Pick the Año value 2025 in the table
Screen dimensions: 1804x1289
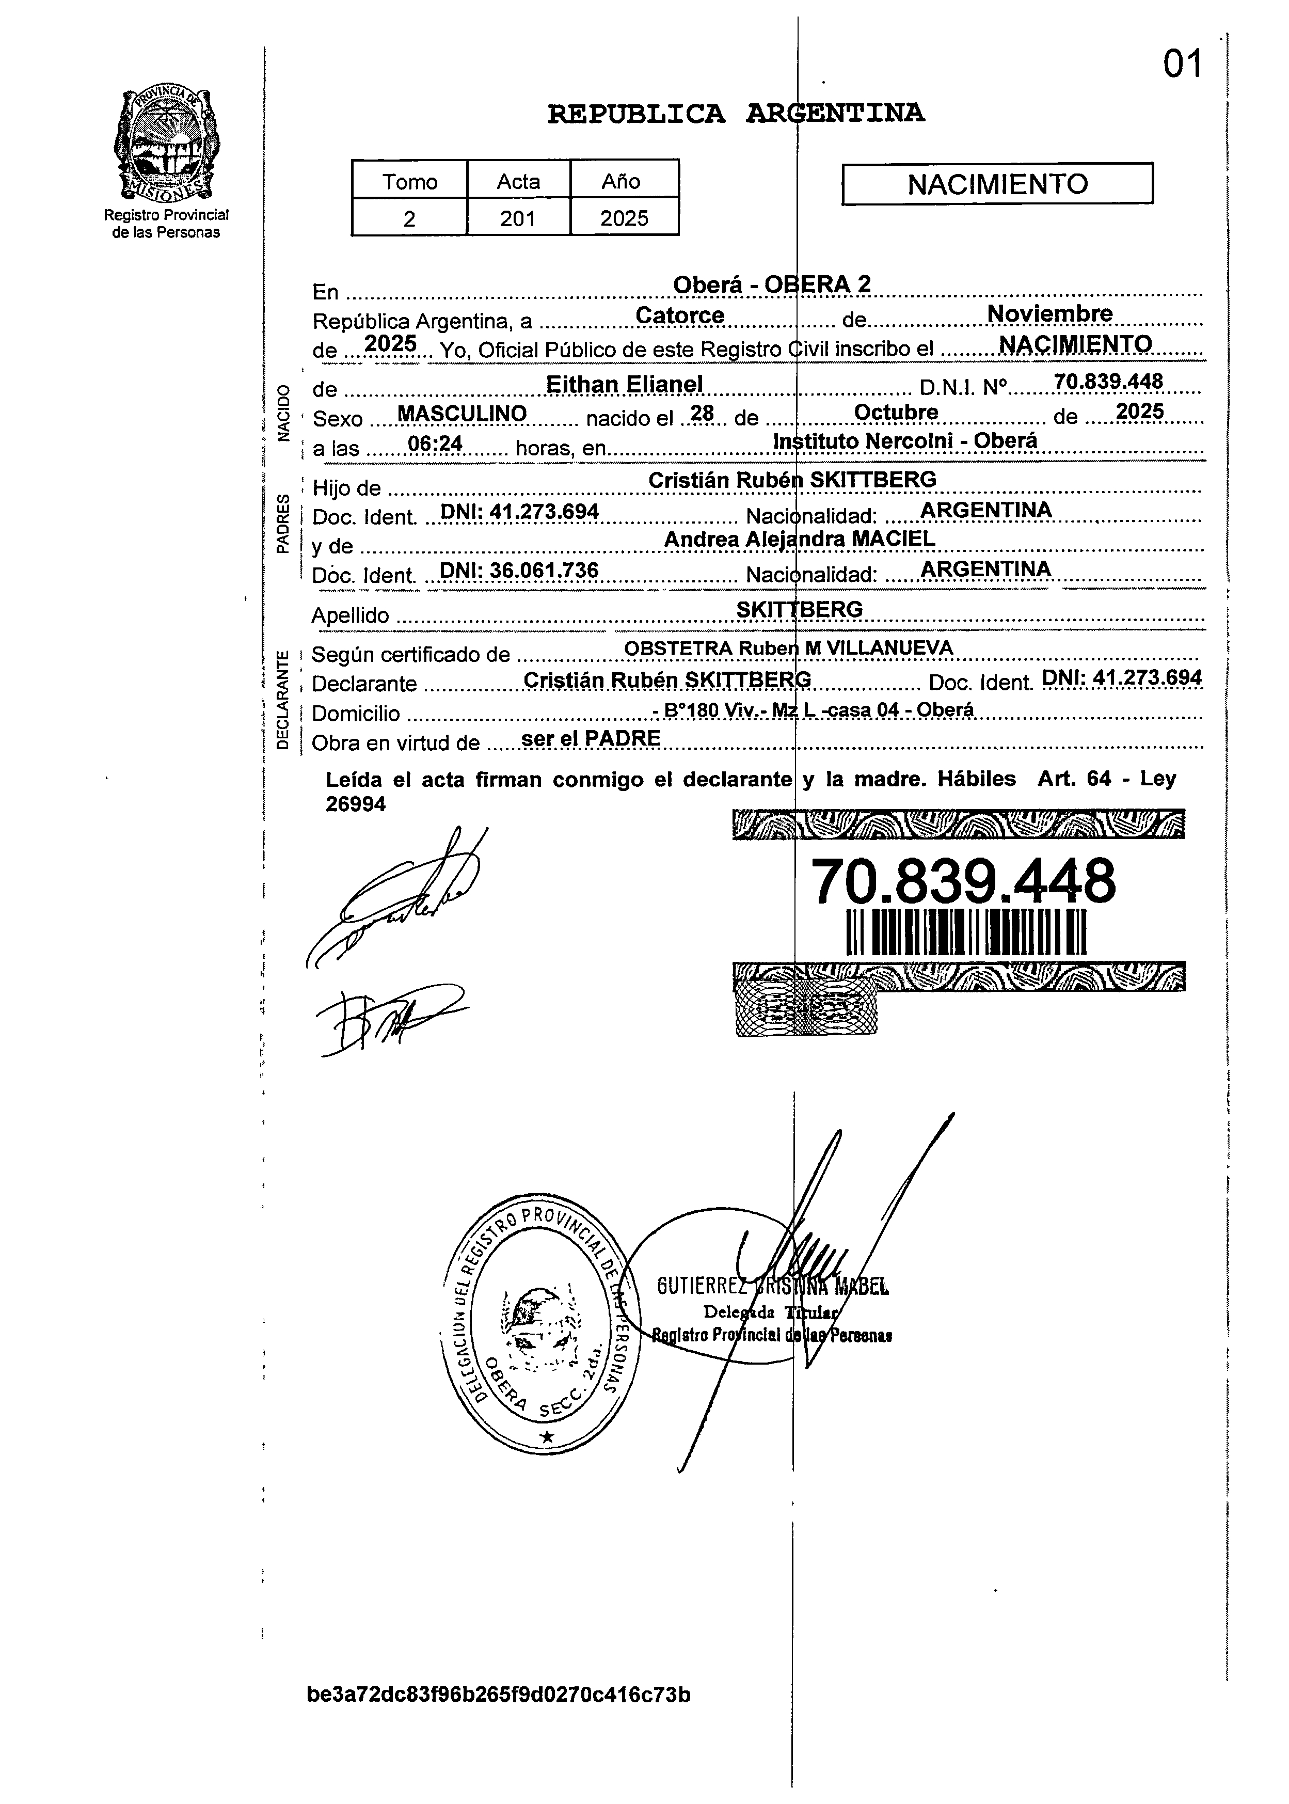pyautogui.click(x=624, y=218)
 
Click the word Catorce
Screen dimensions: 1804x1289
pyautogui.click(x=680, y=315)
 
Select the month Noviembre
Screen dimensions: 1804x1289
pyautogui.click(x=1049, y=313)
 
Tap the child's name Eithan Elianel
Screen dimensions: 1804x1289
pyautogui.click(x=624, y=384)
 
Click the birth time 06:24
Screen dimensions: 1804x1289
pyautogui.click(x=435, y=443)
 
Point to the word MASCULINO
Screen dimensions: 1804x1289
pyautogui.click(x=462, y=414)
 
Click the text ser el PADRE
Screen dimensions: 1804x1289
pyautogui.click(x=591, y=738)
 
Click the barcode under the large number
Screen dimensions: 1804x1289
pyautogui.click(x=966, y=931)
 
